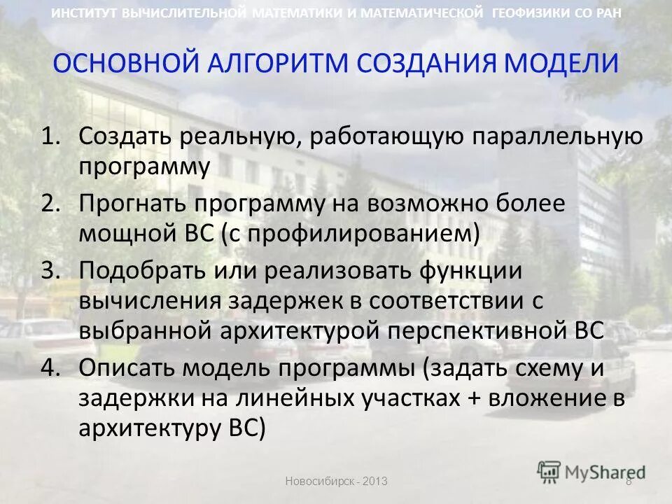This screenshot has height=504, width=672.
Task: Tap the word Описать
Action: pyautogui.click(x=127, y=367)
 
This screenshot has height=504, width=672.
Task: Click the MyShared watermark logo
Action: pyautogui.click(x=591, y=471)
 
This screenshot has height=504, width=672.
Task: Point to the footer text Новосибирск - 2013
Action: pyautogui.click(x=335, y=482)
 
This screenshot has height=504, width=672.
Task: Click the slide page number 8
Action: pyautogui.click(x=628, y=482)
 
